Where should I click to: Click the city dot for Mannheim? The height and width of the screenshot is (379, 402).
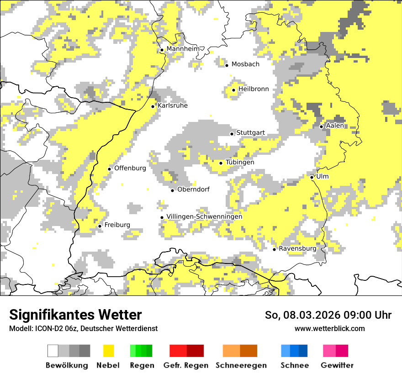[162, 50]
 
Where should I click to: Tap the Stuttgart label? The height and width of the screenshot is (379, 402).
[250, 133]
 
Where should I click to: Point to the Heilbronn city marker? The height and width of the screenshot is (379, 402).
[233, 90]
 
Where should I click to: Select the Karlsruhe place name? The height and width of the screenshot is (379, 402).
[172, 105]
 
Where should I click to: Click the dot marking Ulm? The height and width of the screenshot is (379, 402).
[312, 177]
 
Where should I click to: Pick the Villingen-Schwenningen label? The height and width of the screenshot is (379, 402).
[204, 216]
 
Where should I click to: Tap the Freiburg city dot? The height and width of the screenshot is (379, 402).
[100, 226]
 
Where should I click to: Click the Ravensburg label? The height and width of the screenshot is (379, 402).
[297, 248]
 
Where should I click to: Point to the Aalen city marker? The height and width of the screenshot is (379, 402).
[321, 126]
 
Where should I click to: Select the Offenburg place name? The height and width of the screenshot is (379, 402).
[130, 168]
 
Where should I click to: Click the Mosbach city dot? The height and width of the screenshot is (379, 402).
[227, 65]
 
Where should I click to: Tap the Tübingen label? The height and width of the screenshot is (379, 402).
[239, 162]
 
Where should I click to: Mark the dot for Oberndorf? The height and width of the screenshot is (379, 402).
[172, 190]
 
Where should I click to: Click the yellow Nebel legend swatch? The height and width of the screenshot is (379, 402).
[108, 351]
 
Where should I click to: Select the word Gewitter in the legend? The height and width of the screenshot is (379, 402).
[337, 365]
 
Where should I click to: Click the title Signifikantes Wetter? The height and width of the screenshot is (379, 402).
[75, 315]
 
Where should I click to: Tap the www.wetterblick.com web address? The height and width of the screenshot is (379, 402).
[329, 328]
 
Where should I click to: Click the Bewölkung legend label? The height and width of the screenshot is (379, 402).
[67, 365]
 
